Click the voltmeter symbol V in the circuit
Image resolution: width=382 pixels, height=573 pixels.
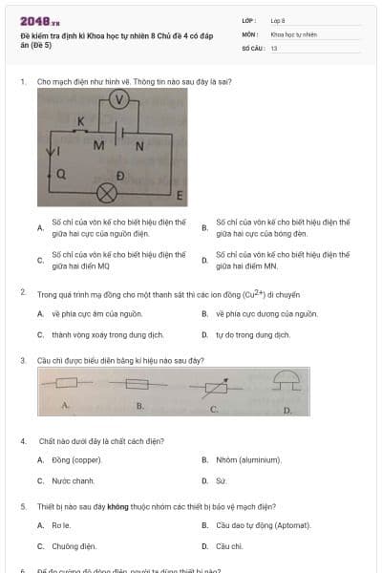click(117, 99)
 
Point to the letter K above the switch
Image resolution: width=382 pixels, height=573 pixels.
click(79, 121)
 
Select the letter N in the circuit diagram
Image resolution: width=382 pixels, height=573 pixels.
click(139, 146)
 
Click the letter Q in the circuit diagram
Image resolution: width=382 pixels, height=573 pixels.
click(61, 174)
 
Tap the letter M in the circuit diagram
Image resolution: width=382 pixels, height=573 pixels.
click(98, 146)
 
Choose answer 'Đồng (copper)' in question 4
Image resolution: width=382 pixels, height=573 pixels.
click(74, 459)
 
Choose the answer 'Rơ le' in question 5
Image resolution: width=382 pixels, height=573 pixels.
click(61, 525)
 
